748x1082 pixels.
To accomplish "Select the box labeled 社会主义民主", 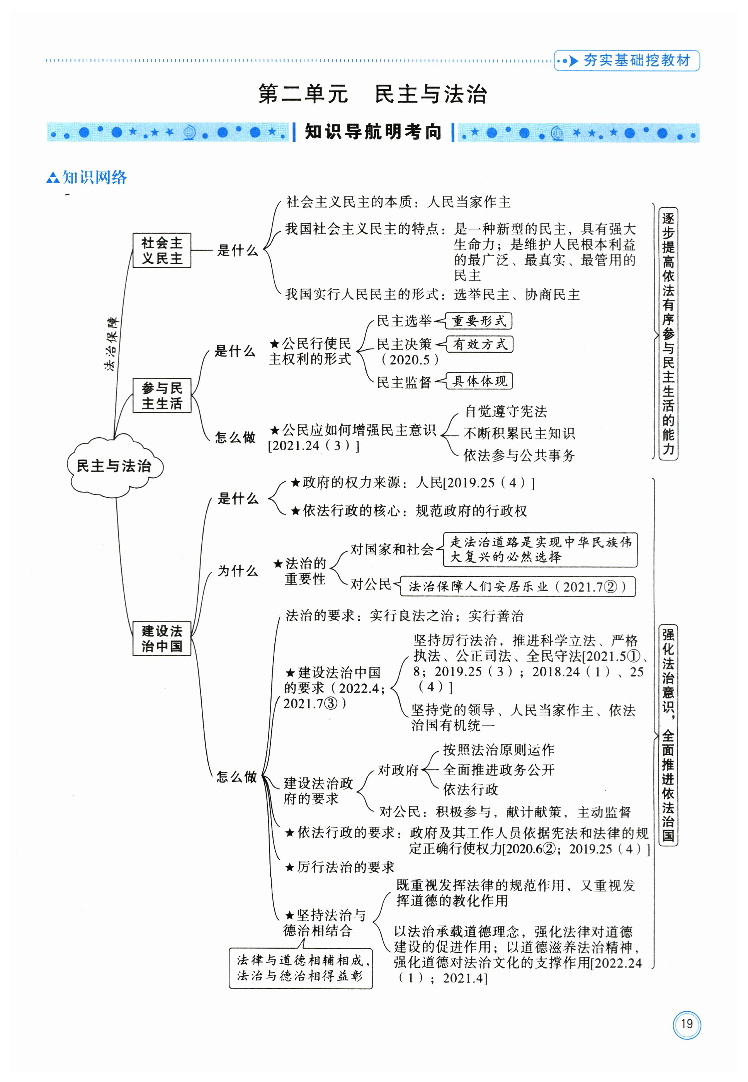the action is [x=161, y=250].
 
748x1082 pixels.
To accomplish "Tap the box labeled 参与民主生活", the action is [x=161, y=395].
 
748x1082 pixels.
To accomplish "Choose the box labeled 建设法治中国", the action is [x=161, y=638].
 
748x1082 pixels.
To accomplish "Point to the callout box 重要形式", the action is [x=479, y=321].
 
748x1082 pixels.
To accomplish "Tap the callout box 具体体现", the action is [x=479, y=380].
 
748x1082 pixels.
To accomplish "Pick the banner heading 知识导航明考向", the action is [x=373, y=132].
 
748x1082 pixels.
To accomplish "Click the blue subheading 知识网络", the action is [x=87, y=178].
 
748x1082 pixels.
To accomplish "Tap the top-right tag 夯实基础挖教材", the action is [x=627, y=60].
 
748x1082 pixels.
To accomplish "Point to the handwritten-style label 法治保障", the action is [x=112, y=344].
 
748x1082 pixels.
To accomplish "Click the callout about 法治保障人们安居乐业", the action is [x=517, y=586].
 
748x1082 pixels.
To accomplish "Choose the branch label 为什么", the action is [x=238, y=571].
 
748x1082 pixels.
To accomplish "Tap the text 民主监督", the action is [x=404, y=382].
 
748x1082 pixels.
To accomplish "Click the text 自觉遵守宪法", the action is [x=506, y=411].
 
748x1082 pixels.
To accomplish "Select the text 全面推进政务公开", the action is [x=499, y=769].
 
